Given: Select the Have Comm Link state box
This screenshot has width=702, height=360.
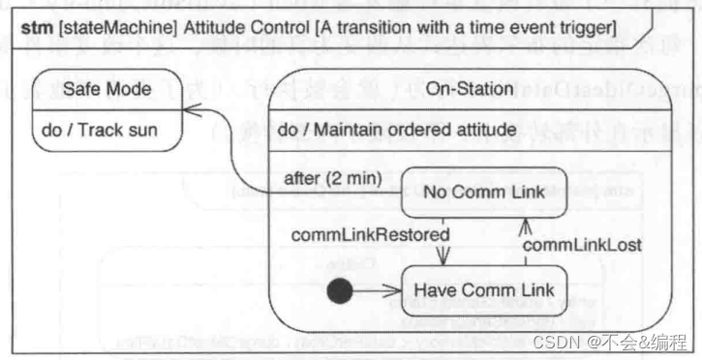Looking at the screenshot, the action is (484, 289).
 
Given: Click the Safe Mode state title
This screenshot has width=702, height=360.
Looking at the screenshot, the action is (107, 89).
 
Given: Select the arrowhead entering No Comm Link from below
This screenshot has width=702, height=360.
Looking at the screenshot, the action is (524, 225).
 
